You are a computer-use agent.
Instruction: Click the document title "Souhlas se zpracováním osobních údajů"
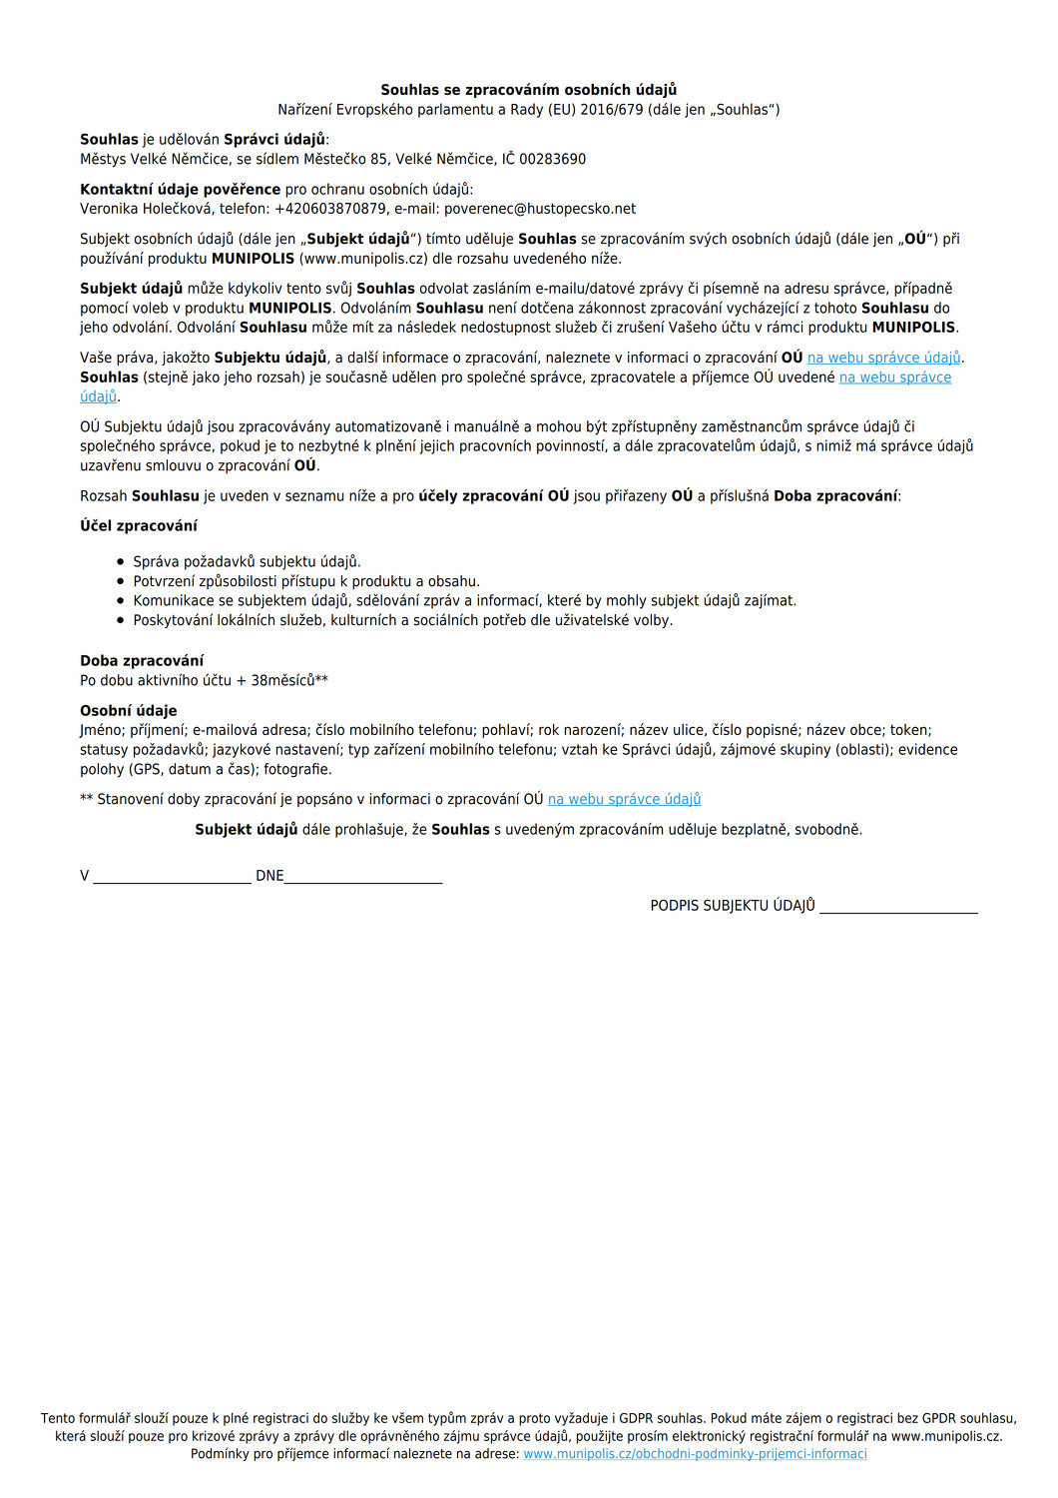(x=528, y=90)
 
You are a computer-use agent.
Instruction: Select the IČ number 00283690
(x=553, y=159)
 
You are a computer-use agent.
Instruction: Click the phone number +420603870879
(x=329, y=209)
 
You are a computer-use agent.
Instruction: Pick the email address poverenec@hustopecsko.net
(x=540, y=209)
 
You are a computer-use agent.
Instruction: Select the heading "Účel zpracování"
(x=139, y=525)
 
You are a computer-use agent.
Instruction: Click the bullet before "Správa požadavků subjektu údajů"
(x=121, y=562)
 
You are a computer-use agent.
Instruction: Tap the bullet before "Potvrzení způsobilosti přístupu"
(x=121, y=581)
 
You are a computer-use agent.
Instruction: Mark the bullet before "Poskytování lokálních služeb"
(x=121, y=620)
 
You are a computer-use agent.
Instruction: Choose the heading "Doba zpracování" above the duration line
(x=142, y=660)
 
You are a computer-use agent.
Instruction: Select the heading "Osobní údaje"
(x=129, y=710)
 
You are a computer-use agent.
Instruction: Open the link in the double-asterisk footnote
(x=624, y=799)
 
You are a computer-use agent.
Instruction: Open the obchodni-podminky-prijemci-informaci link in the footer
(x=695, y=1454)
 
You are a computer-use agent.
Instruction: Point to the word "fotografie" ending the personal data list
(x=296, y=769)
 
